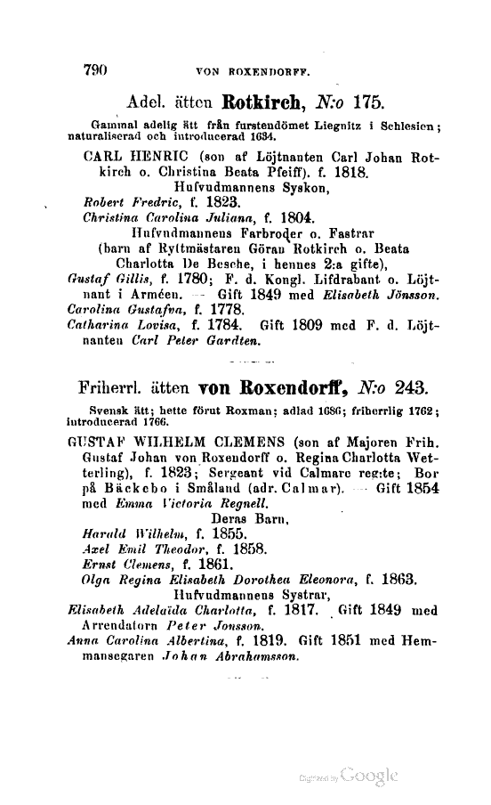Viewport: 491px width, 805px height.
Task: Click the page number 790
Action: coord(94,66)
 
